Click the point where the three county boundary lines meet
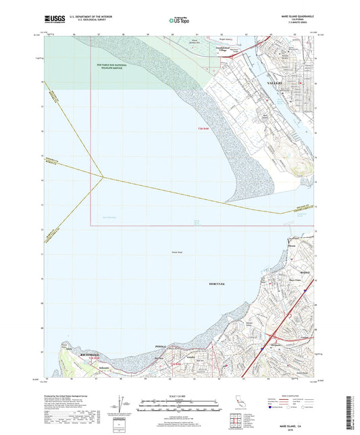103,178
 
